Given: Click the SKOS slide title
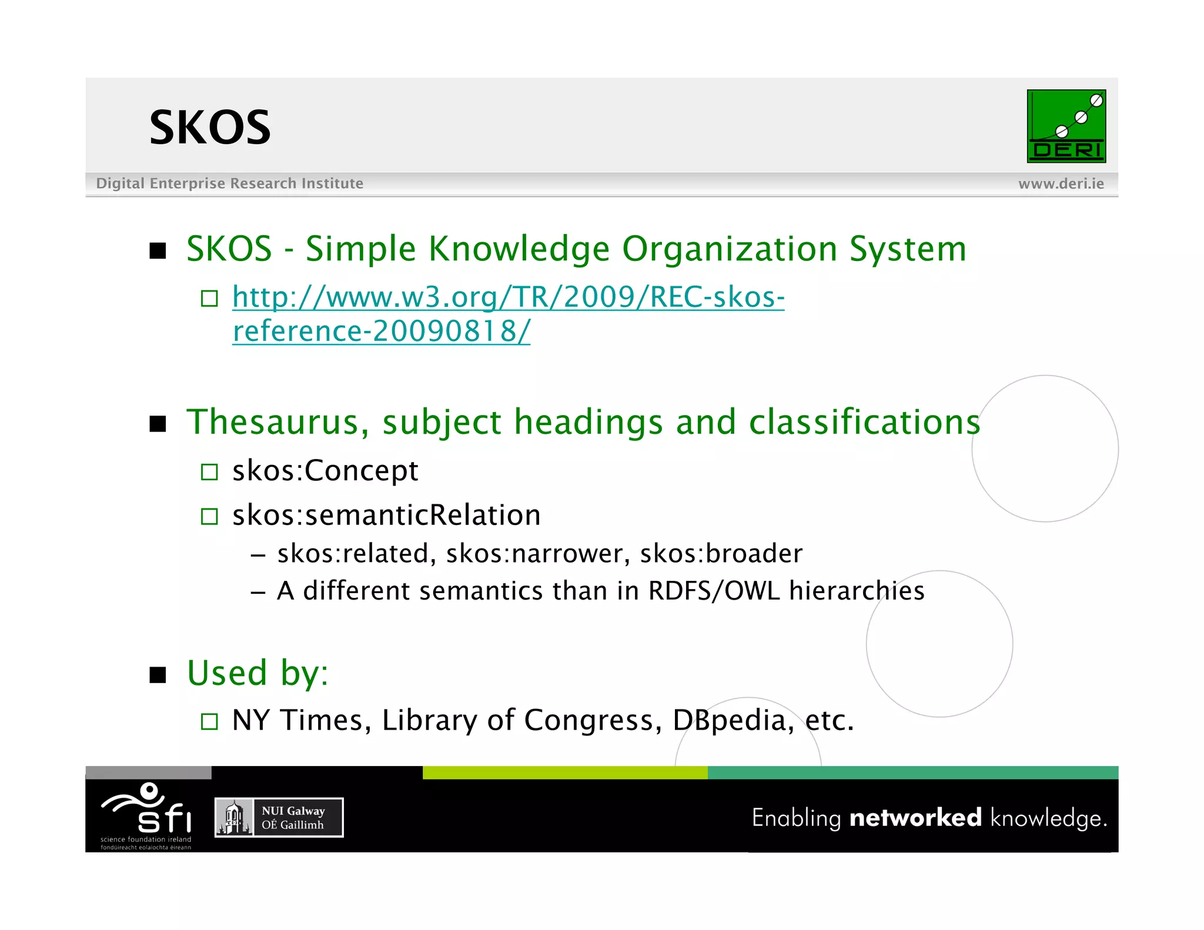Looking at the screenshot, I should [x=210, y=128].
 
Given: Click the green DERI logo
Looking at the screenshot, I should [x=1066, y=126].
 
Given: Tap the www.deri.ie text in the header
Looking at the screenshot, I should [x=1061, y=184].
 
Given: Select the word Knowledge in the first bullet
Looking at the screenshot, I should [x=519, y=249].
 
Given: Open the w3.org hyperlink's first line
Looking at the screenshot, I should [x=508, y=297].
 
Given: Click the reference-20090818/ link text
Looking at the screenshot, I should [x=381, y=331].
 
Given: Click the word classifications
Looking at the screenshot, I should [x=864, y=422].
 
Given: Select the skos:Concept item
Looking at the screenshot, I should [x=325, y=471].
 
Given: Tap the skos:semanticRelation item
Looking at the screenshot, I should [x=386, y=516].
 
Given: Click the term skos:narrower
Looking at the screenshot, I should [x=538, y=554].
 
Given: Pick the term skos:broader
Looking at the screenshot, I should [x=721, y=554].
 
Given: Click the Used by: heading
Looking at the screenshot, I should [x=257, y=673].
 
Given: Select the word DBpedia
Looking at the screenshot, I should [x=733, y=721].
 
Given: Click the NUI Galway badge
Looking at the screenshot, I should [x=279, y=818].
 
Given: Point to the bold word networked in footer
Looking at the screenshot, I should [x=915, y=818].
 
